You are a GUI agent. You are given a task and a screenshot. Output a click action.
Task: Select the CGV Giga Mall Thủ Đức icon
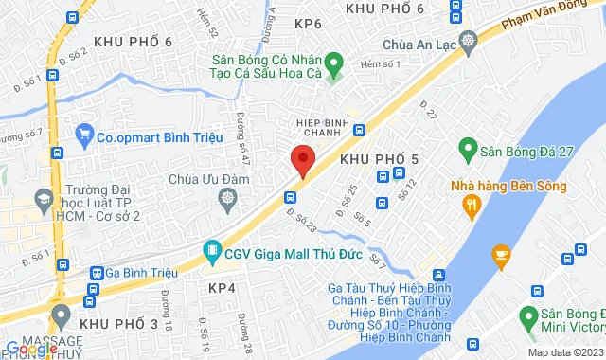click(211, 252)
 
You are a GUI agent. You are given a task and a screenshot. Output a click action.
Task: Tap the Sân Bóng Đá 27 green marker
click(467, 148)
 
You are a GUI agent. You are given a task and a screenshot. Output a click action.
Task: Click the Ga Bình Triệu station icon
click(97, 273)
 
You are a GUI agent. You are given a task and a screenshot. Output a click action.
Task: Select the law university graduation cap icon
click(44, 199)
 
